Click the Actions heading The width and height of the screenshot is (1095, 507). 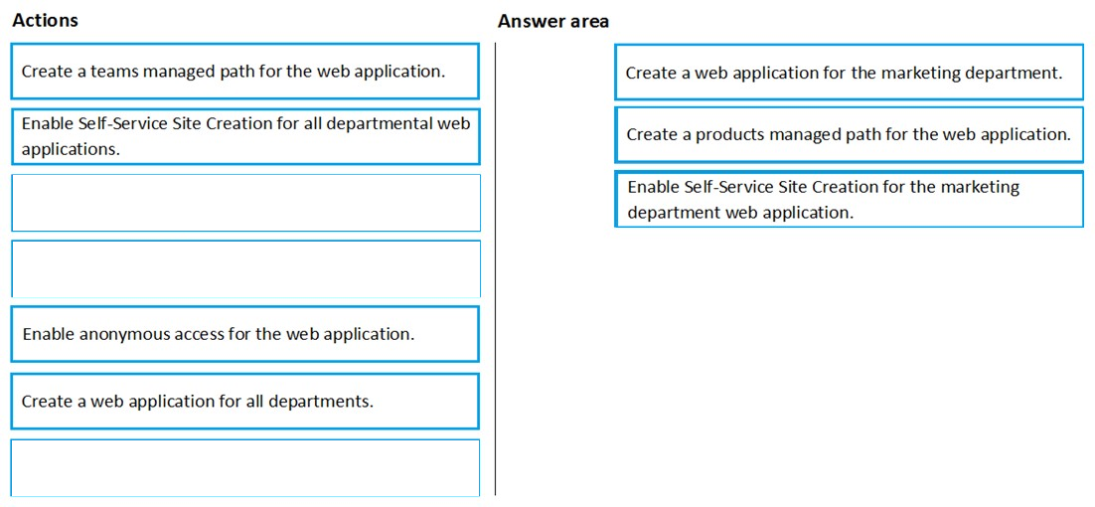tap(46, 21)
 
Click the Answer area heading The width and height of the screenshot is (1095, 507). tap(553, 22)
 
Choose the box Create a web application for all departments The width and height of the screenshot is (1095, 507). tap(245, 402)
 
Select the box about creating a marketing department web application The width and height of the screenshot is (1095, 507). tap(849, 73)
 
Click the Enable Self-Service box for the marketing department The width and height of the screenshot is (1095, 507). tap(849, 200)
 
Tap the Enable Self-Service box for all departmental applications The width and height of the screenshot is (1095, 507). tap(245, 136)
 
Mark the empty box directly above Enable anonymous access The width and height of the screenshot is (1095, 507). tap(245, 268)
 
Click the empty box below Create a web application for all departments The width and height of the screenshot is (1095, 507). tap(245, 468)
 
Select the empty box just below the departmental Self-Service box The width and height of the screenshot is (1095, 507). tap(245, 203)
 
